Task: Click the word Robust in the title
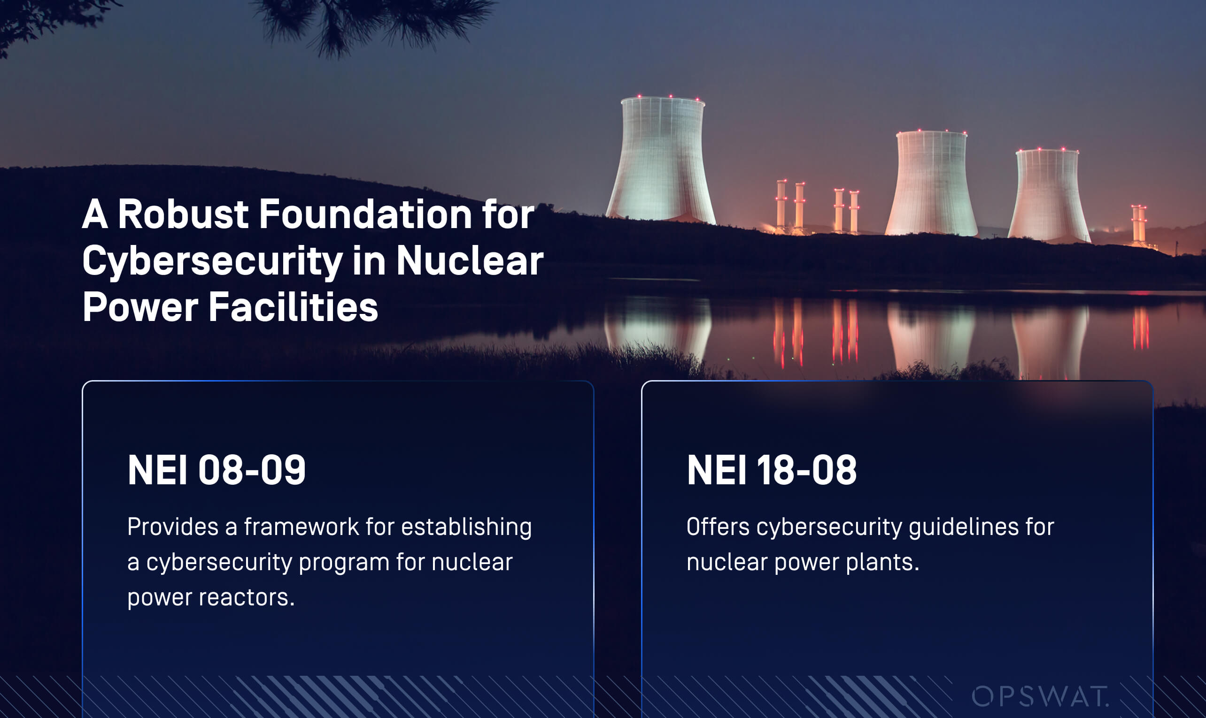pyautogui.click(x=184, y=214)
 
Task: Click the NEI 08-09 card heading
pyautogui.click(x=216, y=470)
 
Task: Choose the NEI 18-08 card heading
pyautogui.click(x=772, y=470)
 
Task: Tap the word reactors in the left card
pyautogui.click(x=247, y=597)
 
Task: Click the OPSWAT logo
pyautogui.click(x=1040, y=696)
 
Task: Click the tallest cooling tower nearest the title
pyautogui.click(x=661, y=160)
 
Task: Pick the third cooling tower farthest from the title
pyautogui.click(x=1048, y=196)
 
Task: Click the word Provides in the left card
pyautogui.click(x=173, y=527)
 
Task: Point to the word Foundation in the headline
pyautogui.click(x=365, y=214)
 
